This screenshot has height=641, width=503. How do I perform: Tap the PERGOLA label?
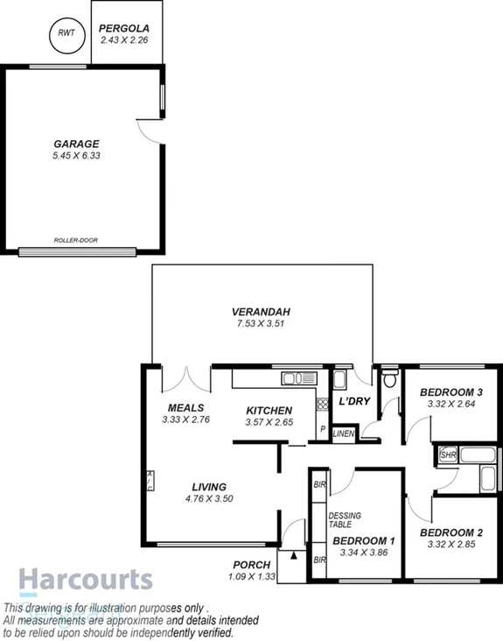pyautogui.click(x=126, y=28)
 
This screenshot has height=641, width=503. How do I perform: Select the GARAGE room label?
pyautogui.click(x=76, y=144)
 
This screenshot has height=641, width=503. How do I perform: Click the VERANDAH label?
pyautogui.click(x=261, y=312)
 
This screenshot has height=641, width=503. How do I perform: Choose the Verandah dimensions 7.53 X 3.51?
pyautogui.click(x=261, y=323)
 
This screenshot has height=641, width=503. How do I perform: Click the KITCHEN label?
pyautogui.click(x=269, y=411)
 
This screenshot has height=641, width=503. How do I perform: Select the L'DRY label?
pyautogui.click(x=353, y=401)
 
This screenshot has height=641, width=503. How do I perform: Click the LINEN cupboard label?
pyautogui.click(x=343, y=433)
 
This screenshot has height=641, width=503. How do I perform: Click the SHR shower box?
pyautogui.click(x=448, y=455)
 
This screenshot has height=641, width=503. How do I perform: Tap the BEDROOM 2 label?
pyautogui.click(x=451, y=532)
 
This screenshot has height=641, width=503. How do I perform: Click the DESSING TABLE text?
pyautogui.click(x=345, y=520)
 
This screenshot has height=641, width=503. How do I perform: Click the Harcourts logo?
pyautogui.click(x=86, y=581)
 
